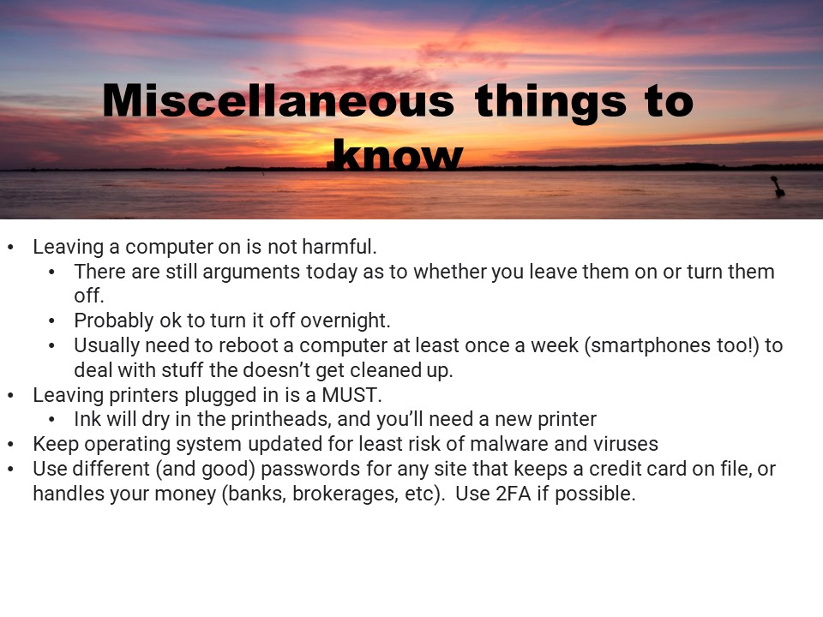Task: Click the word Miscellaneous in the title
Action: click(278, 100)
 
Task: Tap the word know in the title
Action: click(399, 155)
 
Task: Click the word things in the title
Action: click(550, 103)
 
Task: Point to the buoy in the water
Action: click(778, 186)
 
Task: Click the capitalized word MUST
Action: click(350, 395)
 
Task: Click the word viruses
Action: click(625, 445)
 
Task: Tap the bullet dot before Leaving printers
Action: click(11, 396)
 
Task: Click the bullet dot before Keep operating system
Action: click(11, 445)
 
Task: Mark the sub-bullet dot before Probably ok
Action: click(51, 321)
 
